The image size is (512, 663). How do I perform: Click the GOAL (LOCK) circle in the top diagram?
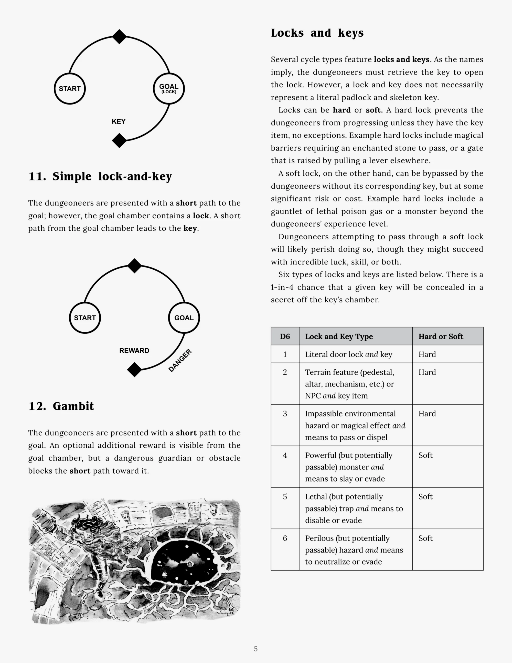(169, 89)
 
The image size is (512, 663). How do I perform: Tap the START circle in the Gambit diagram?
(85, 318)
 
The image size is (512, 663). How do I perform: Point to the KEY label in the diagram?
(119, 122)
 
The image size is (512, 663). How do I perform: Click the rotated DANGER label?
(180, 360)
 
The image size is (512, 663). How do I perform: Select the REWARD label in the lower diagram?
(134, 351)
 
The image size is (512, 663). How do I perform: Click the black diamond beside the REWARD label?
(134, 370)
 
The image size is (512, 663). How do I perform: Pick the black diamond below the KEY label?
(119, 140)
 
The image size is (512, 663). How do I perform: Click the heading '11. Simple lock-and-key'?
(100, 176)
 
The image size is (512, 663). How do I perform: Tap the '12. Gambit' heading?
(61, 406)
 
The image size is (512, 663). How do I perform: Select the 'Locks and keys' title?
(317, 33)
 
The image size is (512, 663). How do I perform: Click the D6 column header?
(285, 336)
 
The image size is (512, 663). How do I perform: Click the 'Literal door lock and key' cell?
(348, 354)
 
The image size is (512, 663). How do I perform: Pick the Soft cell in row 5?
(425, 497)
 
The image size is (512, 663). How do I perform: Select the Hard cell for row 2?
(427, 372)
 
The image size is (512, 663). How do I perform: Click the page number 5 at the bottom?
(256, 649)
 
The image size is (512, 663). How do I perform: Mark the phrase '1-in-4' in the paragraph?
(282, 287)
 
